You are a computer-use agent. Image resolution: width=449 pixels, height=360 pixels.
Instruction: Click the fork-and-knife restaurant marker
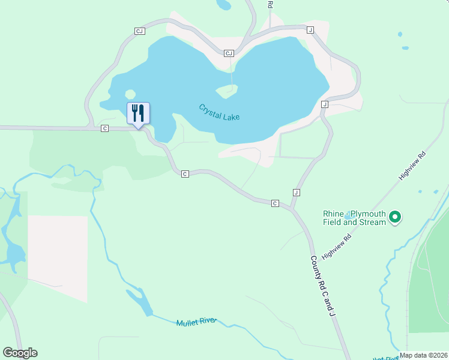pyautogui.click(x=138, y=112)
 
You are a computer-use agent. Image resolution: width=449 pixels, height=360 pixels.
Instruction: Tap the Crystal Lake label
pyautogui.click(x=219, y=112)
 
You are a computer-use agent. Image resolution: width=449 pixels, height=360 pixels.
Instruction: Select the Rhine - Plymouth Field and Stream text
pyautogui.click(x=354, y=218)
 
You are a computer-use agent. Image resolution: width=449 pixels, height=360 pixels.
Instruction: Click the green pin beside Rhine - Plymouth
pyautogui.click(x=395, y=217)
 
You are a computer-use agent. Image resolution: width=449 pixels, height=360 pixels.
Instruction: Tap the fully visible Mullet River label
pyautogui.click(x=196, y=322)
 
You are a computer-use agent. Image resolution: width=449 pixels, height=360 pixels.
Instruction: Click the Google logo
pyautogui.click(x=20, y=353)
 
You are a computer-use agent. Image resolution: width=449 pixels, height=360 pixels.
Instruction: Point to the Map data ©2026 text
pyautogui.click(x=423, y=355)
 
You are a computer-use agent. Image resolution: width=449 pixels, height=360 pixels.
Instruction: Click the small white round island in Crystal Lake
pyautogui.click(x=130, y=94)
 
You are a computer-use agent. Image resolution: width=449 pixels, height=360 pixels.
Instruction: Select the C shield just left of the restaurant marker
pyautogui.click(x=104, y=128)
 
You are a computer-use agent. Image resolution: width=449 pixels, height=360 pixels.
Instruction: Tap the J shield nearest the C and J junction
pyautogui.click(x=296, y=192)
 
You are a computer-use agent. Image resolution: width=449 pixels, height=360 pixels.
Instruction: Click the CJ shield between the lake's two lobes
pyautogui.click(x=228, y=53)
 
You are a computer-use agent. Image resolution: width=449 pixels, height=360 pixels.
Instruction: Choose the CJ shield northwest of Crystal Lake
pyautogui.click(x=140, y=31)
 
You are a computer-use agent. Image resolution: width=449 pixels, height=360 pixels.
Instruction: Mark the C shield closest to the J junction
pyautogui.click(x=275, y=203)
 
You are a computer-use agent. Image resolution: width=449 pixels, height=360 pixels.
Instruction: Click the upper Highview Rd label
pyautogui.click(x=413, y=166)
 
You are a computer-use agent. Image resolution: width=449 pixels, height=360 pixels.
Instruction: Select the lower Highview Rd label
pyautogui.click(x=336, y=247)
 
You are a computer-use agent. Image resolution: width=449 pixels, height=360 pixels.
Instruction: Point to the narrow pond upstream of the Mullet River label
pyautogui.click(x=139, y=301)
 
